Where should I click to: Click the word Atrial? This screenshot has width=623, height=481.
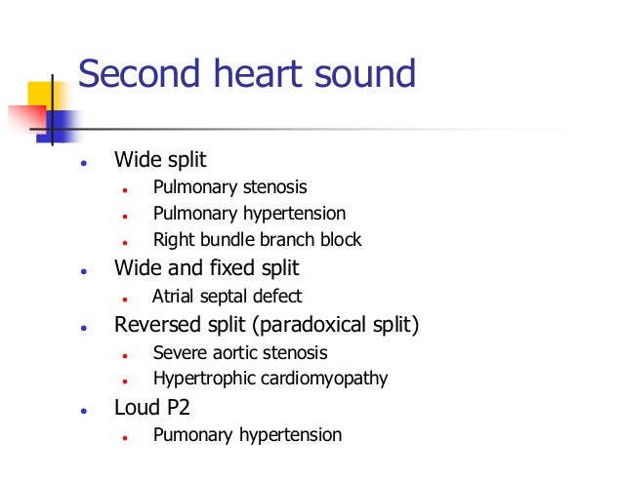click(174, 296)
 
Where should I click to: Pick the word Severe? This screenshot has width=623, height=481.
click(177, 352)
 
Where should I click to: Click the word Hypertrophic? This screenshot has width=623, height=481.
click(199, 379)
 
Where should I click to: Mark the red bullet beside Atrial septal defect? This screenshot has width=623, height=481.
click(126, 298)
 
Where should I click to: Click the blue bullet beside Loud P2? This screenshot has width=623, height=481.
click(86, 409)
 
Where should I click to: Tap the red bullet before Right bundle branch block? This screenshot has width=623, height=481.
click(126, 241)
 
